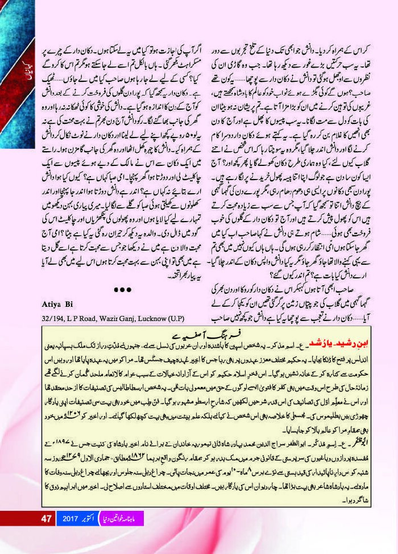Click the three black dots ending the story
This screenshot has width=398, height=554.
click(x=122, y=290)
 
